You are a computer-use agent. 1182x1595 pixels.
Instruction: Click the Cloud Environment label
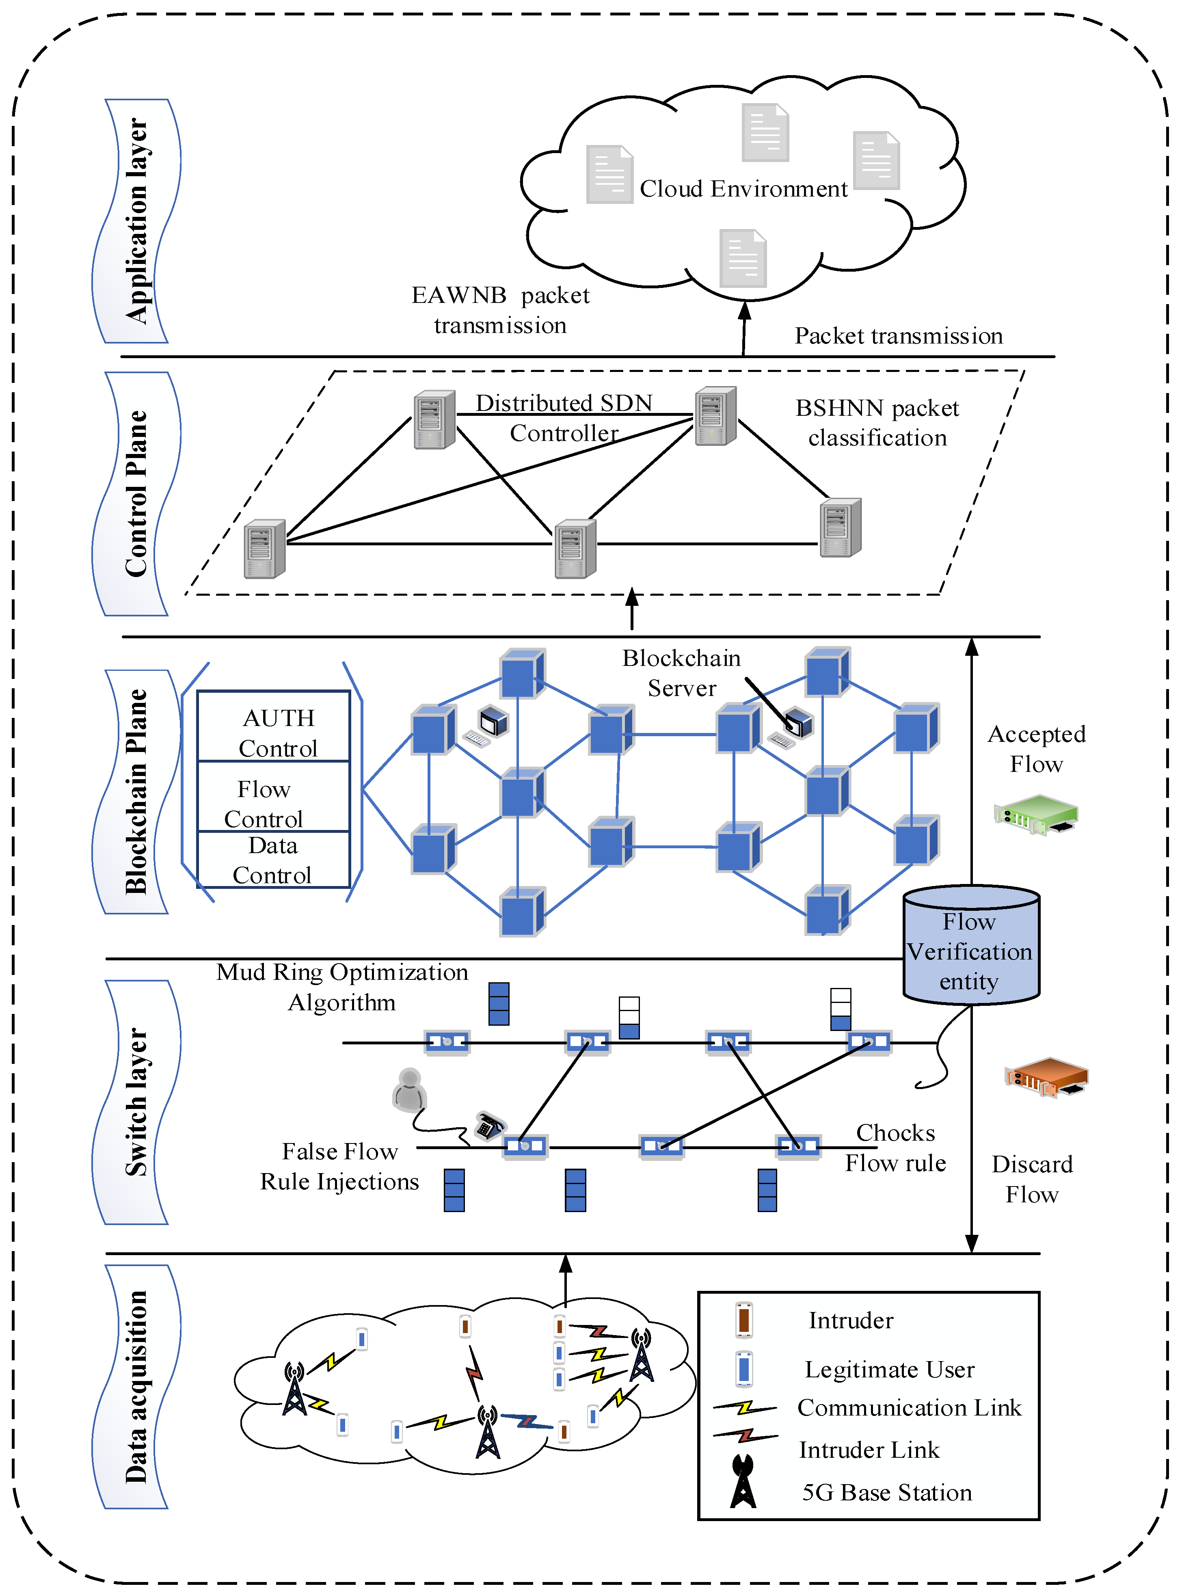(x=743, y=189)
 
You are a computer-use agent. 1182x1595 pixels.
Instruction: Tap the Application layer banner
(x=136, y=221)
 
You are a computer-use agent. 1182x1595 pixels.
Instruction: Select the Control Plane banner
(x=136, y=494)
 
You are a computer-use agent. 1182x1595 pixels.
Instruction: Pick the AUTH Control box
(x=273, y=726)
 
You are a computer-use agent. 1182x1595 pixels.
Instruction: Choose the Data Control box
(x=273, y=860)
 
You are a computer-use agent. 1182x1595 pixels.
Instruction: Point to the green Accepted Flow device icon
(x=1035, y=814)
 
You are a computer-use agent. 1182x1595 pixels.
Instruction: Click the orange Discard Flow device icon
(x=1046, y=1077)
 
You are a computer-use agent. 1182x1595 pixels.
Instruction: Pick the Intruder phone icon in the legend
(x=743, y=1320)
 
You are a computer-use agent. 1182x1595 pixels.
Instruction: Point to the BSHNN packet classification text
(x=877, y=422)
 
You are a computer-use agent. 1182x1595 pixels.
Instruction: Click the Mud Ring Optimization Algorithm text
(x=342, y=987)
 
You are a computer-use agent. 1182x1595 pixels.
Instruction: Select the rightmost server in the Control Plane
(x=840, y=527)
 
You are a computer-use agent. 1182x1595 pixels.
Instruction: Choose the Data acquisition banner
(x=136, y=1386)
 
